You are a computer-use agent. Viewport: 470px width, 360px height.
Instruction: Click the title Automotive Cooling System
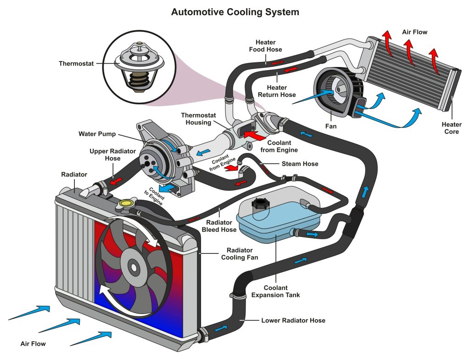point(235,12)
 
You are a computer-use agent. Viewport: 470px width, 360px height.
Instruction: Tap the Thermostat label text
point(76,63)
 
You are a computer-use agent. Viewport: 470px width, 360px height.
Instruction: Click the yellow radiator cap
point(124,203)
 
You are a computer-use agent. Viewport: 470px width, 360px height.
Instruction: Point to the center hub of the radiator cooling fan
point(134,266)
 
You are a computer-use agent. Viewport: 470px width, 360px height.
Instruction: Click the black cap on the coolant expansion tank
point(259,203)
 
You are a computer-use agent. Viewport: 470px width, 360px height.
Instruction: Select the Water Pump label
point(97,135)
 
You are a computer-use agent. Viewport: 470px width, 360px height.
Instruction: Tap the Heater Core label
point(451,128)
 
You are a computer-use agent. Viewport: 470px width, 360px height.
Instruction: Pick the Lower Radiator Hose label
point(293,320)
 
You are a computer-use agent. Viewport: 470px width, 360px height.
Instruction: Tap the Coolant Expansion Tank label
point(275,291)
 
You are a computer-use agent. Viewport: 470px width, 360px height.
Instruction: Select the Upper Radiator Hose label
point(105,155)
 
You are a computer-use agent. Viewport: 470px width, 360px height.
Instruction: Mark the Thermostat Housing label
point(198,119)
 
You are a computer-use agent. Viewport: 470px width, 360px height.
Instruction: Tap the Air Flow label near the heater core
point(414,32)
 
